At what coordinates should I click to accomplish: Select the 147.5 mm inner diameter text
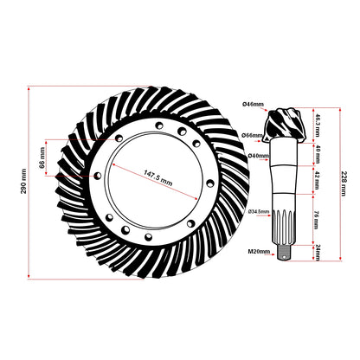pyautogui.click(x=154, y=177)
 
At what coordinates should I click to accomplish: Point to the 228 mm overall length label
pyautogui.click(x=344, y=183)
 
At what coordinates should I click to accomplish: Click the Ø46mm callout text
pyautogui.click(x=253, y=105)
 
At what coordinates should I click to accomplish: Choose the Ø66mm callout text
pyautogui.click(x=252, y=136)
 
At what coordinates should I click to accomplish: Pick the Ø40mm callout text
pyautogui.click(x=257, y=156)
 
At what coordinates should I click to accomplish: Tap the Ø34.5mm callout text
pyautogui.click(x=259, y=211)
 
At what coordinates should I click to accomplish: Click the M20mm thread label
pyautogui.click(x=258, y=252)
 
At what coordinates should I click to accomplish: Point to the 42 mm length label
pyautogui.click(x=318, y=178)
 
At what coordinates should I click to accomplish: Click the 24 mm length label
pyautogui.click(x=318, y=251)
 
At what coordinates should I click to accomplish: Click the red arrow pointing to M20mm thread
pyautogui.click(x=274, y=252)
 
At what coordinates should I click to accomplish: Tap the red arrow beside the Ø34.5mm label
pyautogui.click(x=274, y=211)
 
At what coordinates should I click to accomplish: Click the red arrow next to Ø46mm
pyautogui.click(x=269, y=106)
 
